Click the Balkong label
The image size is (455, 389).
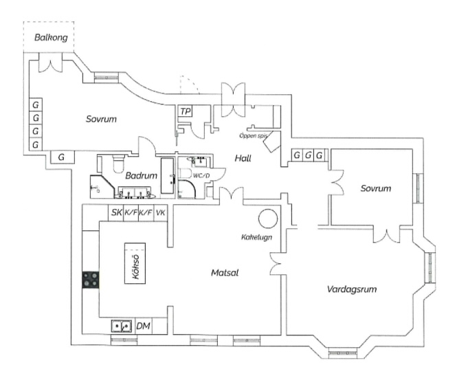52,37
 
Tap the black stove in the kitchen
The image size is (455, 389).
90,279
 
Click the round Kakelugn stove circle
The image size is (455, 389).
268,219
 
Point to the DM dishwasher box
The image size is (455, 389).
143,326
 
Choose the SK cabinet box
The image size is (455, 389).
115,213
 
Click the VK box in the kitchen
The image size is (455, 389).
161,213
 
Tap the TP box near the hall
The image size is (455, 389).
185,111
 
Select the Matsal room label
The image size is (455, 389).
224,273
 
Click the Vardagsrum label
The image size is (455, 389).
352,289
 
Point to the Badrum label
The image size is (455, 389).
140,175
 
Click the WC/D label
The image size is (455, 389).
201,175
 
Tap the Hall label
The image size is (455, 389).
243,158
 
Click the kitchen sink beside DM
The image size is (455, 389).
122,326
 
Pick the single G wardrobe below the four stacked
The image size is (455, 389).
62,157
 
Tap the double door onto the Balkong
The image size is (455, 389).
51,63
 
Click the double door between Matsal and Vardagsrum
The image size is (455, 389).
276,264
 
